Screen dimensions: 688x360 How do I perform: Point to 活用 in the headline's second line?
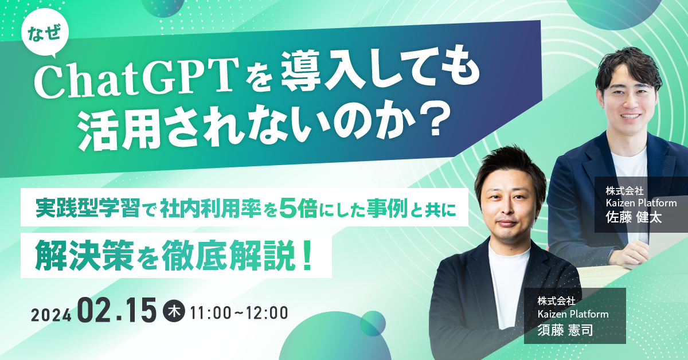[118, 127]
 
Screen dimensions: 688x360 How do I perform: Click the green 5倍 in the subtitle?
[299, 208]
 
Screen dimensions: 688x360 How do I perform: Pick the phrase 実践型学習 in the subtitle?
[88, 208]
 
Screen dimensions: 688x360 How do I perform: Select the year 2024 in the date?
[51, 315]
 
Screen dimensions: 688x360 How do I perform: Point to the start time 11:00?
[210, 313]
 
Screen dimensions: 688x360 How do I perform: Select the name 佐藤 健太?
[634, 217]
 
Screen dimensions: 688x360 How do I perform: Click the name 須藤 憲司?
[565, 330]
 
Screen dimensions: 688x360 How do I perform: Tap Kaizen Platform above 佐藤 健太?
[641, 203]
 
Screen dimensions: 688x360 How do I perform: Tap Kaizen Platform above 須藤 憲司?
[573, 314]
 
